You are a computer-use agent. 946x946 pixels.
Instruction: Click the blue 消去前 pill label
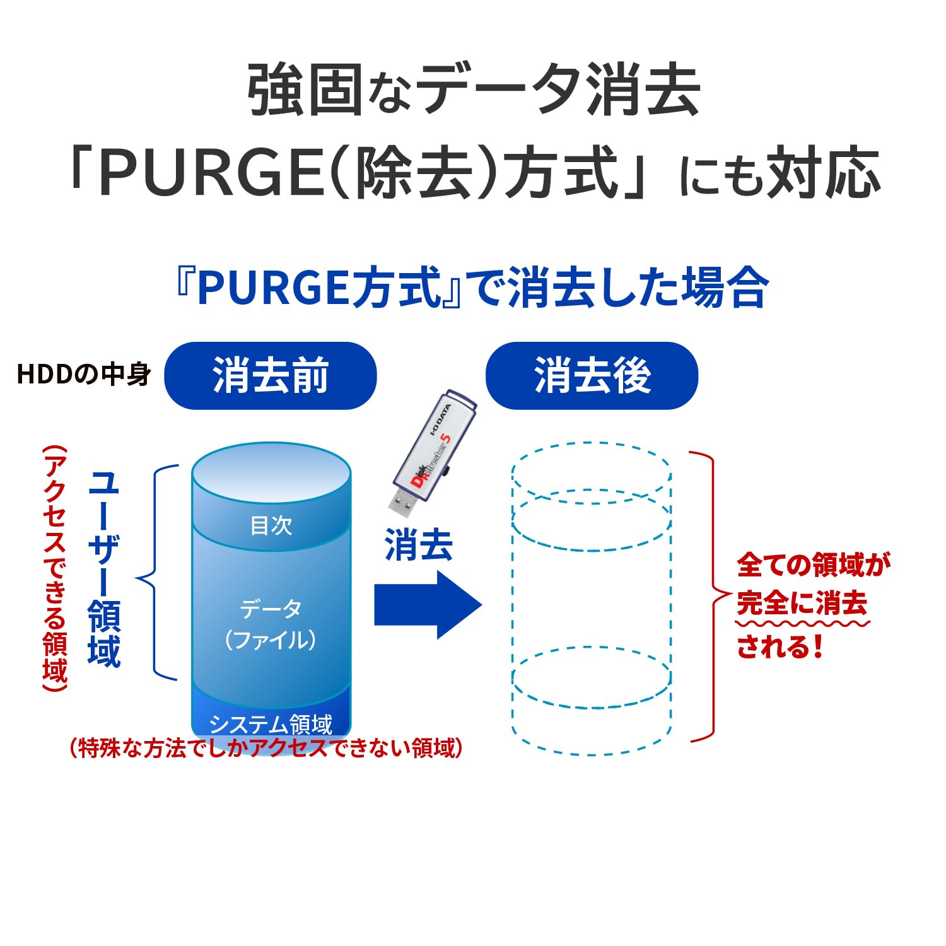[270, 376]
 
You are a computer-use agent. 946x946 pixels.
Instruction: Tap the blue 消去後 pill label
[592, 376]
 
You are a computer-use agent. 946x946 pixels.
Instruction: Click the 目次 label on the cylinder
[271, 525]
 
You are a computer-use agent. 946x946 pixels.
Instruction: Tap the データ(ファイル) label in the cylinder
[271, 624]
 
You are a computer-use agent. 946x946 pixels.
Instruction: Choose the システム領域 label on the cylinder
[271, 725]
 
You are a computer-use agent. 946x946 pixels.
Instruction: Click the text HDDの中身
[84, 375]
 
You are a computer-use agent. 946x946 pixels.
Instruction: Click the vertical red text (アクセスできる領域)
[55, 568]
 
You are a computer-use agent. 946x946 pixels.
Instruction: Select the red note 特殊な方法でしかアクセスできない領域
[266, 749]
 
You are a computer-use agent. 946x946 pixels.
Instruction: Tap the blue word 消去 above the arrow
[419, 546]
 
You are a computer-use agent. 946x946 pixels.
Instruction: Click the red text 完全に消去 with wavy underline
[802, 604]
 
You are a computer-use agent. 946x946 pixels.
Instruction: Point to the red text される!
[780, 646]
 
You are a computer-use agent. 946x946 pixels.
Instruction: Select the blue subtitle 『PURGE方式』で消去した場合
[472, 288]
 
